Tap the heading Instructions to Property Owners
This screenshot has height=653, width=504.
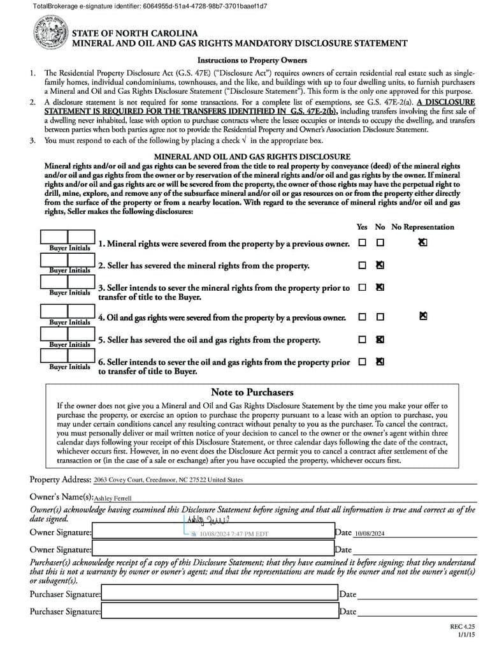(x=252, y=61)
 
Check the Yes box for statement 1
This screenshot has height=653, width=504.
(x=362, y=243)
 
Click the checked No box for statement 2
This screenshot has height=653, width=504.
(x=380, y=265)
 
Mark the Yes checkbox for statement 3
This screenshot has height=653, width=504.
(x=362, y=288)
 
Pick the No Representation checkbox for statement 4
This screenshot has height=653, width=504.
(x=423, y=316)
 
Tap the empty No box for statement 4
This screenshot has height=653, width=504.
(x=380, y=317)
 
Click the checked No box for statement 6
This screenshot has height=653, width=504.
(x=380, y=362)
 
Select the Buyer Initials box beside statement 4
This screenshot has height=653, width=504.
(x=68, y=311)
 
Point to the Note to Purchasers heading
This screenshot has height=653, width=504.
(x=252, y=392)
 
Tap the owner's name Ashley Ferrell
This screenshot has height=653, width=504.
(x=113, y=498)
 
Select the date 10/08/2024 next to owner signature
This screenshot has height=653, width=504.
(x=370, y=533)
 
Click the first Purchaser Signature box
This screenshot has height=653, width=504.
(x=219, y=594)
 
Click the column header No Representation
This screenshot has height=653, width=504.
(x=422, y=227)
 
